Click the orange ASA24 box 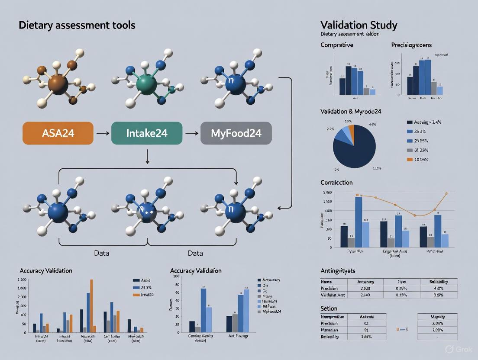point(58,133)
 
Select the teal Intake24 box point(147,133)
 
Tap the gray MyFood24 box point(236,133)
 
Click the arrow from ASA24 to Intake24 point(102,133)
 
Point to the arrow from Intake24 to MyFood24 point(191,133)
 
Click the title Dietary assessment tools point(77,25)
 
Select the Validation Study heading point(358,25)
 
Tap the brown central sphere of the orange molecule point(58,84)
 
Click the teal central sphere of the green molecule point(146,83)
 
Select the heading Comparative point(337,45)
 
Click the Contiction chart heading point(336,182)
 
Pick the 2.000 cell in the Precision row point(366,288)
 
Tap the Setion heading point(329,309)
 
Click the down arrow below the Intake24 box point(147,157)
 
